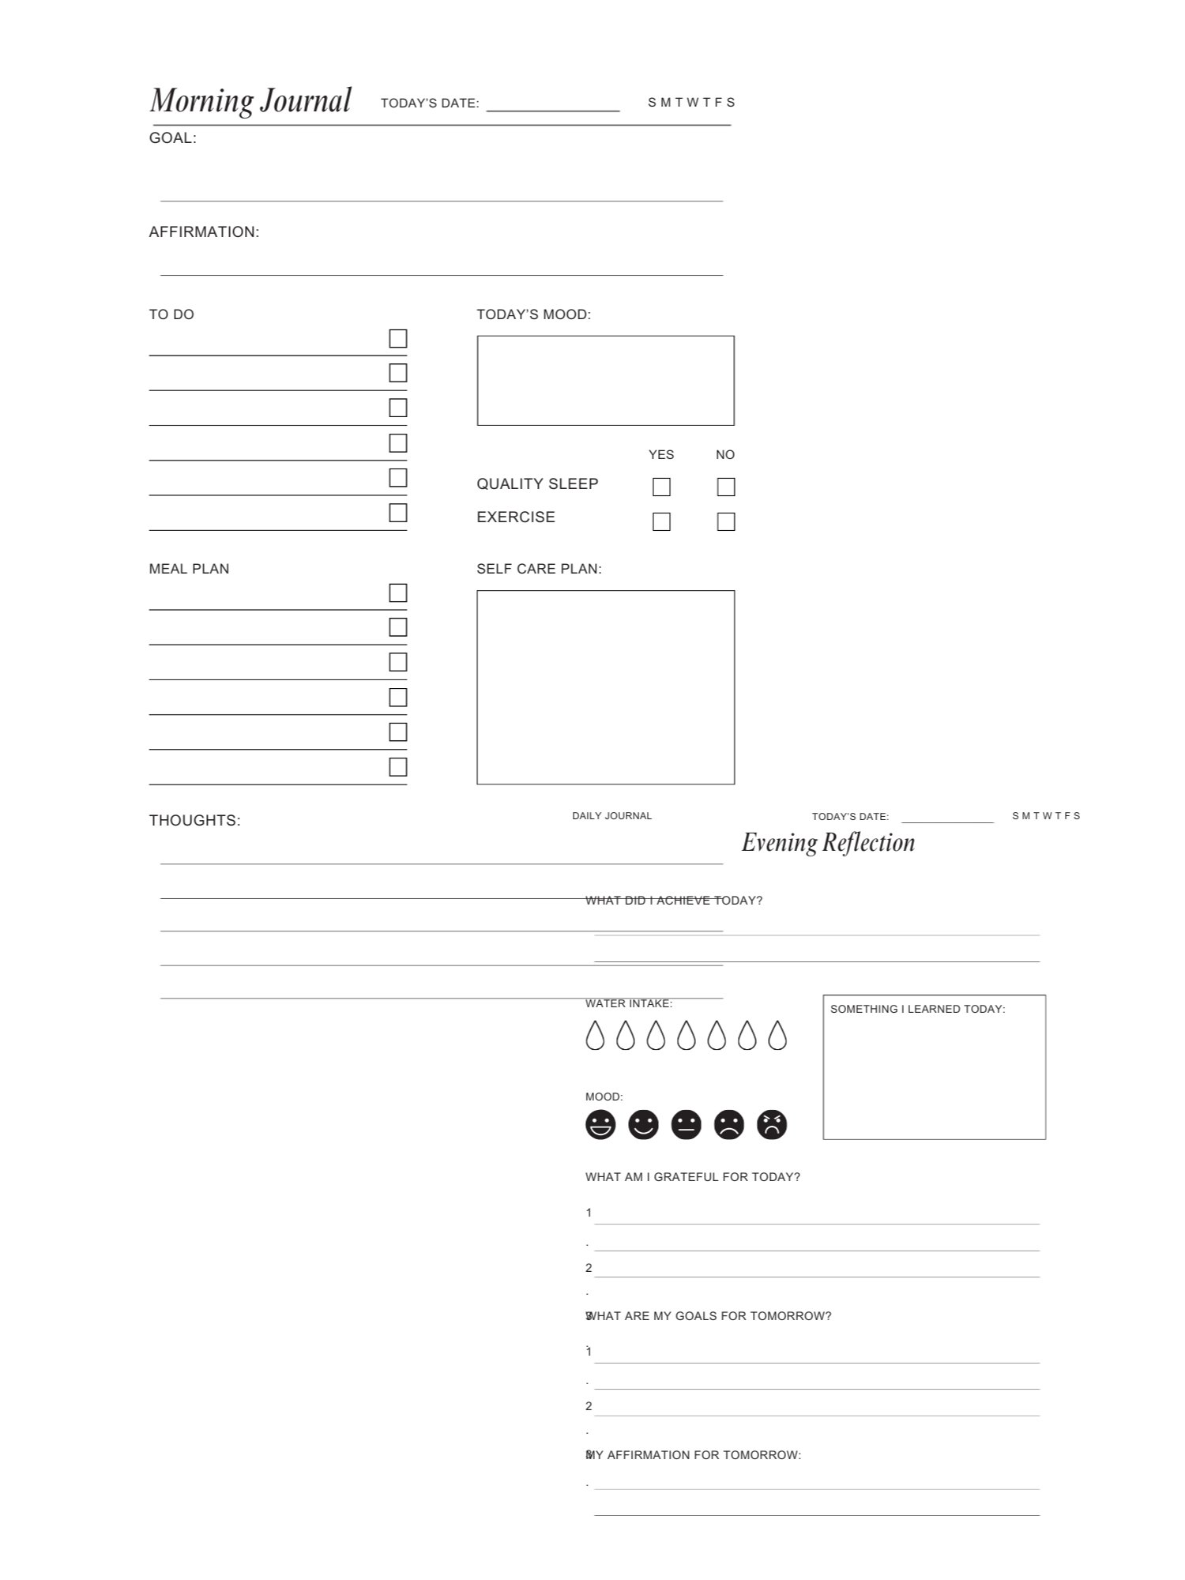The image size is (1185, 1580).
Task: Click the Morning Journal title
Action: coord(250,101)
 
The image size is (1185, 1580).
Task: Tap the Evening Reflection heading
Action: coord(828,843)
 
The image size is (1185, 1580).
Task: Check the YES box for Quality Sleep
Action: coord(661,487)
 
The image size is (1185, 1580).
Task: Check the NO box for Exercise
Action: coord(725,521)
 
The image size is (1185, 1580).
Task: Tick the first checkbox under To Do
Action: coord(398,339)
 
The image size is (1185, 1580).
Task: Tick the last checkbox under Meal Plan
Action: coord(398,767)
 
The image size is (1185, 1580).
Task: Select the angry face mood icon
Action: coord(772,1124)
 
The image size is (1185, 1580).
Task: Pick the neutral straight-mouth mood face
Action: coord(686,1124)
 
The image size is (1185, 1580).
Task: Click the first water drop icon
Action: coord(595,1035)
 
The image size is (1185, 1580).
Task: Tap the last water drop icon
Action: coord(777,1035)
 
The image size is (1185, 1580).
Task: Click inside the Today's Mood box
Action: coord(605,381)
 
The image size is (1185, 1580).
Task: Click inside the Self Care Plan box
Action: coord(605,687)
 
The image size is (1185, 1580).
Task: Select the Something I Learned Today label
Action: coord(917,1009)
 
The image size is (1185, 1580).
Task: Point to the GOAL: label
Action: coord(173,138)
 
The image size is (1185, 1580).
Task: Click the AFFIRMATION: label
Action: coord(204,232)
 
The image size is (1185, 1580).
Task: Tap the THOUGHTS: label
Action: coord(194,821)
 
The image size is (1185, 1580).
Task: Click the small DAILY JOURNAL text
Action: coord(611,816)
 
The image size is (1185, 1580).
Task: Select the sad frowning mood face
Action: coord(729,1124)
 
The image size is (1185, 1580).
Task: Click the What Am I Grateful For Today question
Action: coord(692,1177)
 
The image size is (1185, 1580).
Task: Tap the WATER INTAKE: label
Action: coord(628,1004)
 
